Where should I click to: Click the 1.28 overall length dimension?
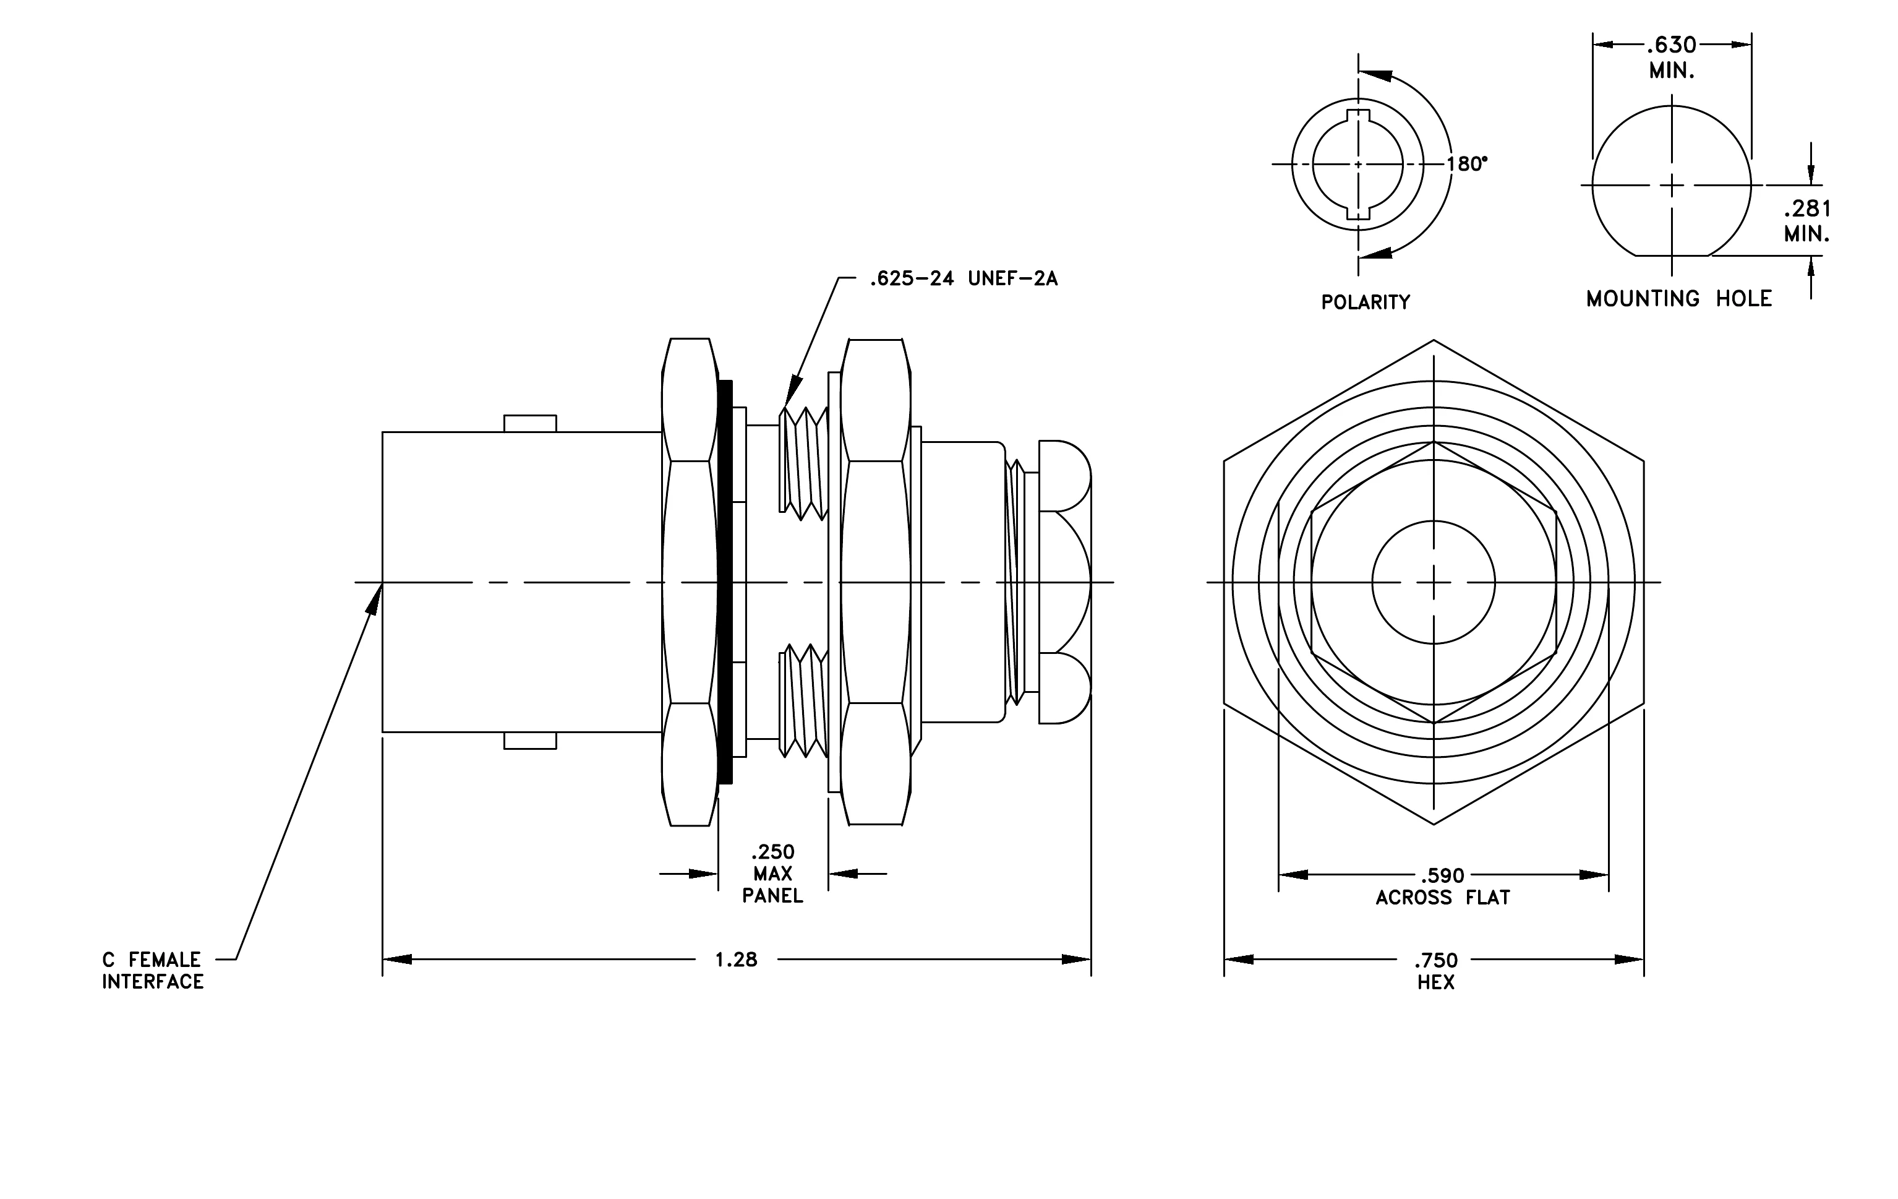click(x=735, y=960)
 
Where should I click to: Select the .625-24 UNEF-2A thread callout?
click(x=963, y=278)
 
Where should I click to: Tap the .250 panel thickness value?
click(x=772, y=851)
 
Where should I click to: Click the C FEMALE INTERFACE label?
click(x=153, y=970)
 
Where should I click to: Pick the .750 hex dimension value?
click(x=1436, y=960)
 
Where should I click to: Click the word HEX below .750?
click(x=1436, y=982)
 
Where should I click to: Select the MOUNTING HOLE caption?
click(x=1679, y=299)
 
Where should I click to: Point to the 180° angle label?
click(x=1467, y=164)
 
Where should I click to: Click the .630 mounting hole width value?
click(x=1671, y=45)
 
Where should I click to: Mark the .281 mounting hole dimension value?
click(x=1807, y=209)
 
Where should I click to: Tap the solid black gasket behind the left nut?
click(x=726, y=582)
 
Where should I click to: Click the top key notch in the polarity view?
click(x=1358, y=117)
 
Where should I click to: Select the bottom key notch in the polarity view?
click(x=1358, y=212)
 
